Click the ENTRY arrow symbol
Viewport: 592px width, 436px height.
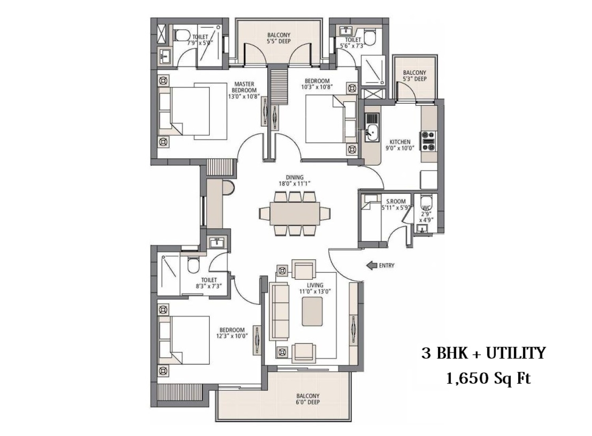(x=372, y=265)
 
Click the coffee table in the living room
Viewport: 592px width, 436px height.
(x=312, y=311)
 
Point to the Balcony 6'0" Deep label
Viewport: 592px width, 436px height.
(x=308, y=399)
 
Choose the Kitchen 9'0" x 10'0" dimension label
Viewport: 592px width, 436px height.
(x=400, y=145)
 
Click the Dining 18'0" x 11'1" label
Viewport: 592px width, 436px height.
(x=295, y=181)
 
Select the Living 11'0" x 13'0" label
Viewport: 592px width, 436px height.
(x=315, y=288)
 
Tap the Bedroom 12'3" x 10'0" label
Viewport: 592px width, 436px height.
(x=232, y=333)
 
